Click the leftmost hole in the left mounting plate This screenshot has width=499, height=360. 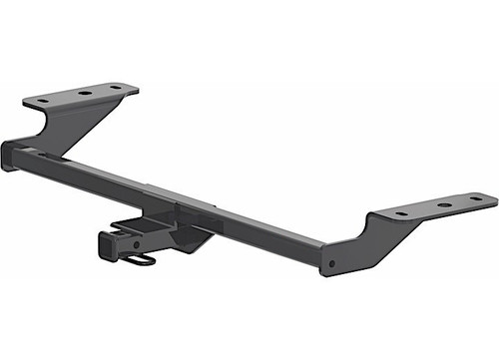coord(43,100)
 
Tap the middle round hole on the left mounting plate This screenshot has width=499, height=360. coord(84,94)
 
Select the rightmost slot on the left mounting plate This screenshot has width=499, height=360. coord(116,88)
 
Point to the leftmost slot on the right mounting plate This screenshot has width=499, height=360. coord(401,212)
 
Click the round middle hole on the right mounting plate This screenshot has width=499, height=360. coord(443,206)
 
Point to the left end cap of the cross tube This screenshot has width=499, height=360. coord(8,158)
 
